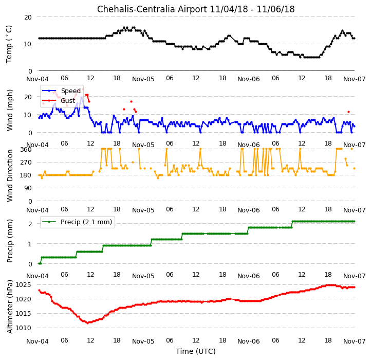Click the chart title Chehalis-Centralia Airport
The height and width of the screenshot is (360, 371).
(x=152, y=9)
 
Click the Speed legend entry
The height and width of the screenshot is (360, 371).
(x=61, y=91)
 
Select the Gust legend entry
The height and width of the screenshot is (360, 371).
(x=59, y=101)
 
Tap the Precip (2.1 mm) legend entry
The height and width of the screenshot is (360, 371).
(x=77, y=222)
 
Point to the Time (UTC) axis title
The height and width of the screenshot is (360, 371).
(x=196, y=351)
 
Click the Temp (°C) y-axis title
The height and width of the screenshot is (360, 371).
(x=9, y=44)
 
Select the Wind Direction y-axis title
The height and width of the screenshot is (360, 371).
(x=10, y=175)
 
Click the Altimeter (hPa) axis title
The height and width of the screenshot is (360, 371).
(x=10, y=307)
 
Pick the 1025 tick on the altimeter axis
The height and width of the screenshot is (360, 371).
(x=24, y=285)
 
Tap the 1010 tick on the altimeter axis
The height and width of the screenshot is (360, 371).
(x=24, y=328)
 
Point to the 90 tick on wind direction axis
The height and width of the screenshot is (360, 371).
(x=28, y=188)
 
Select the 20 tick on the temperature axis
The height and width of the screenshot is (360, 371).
(x=28, y=17)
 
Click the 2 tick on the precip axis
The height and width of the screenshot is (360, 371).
(x=30, y=224)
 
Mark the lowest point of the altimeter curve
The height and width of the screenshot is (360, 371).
(x=88, y=323)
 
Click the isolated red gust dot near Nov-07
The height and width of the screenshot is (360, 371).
(x=348, y=112)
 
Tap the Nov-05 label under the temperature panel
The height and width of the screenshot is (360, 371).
(x=143, y=79)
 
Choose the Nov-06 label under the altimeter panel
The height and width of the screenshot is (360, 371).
(x=249, y=341)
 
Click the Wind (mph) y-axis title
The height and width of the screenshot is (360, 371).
(x=10, y=110)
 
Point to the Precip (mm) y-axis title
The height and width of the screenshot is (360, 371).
(x=10, y=241)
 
